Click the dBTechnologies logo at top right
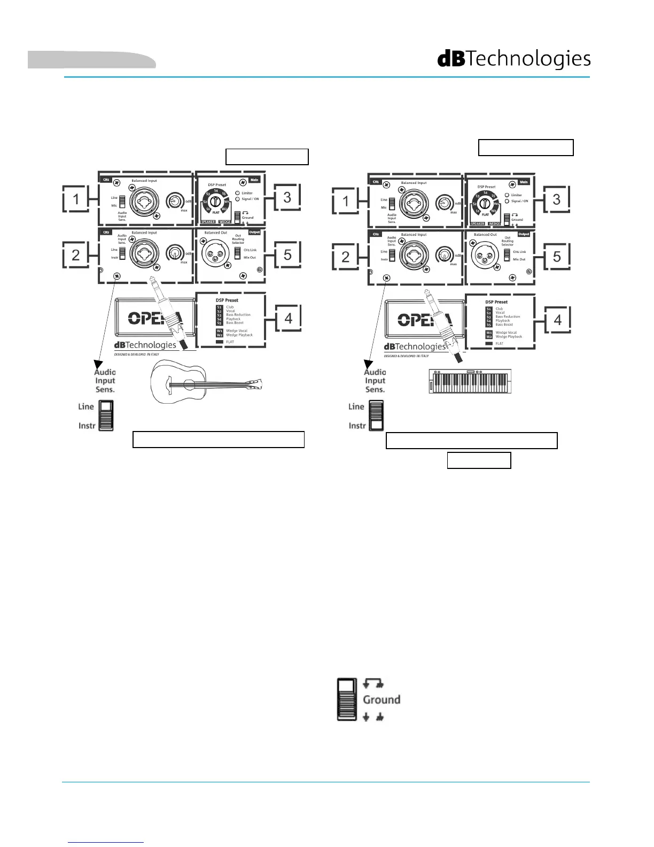(x=514, y=59)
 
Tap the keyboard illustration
(x=470, y=381)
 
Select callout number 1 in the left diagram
(x=76, y=200)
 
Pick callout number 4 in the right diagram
(x=558, y=320)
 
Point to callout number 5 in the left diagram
(x=287, y=255)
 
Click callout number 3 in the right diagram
(x=557, y=200)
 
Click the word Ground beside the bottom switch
(x=381, y=700)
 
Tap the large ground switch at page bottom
(x=347, y=699)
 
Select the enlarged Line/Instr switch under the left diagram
(x=106, y=415)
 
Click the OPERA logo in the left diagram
(x=155, y=318)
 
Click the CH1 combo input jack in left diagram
(x=143, y=202)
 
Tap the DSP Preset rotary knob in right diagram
(x=485, y=203)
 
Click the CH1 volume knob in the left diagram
(x=174, y=202)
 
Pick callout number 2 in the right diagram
(x=345, y=257)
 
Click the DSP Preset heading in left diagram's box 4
(x=227, y=301)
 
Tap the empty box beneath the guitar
(x=218, y=439)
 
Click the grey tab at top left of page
(x=91, y=60)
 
